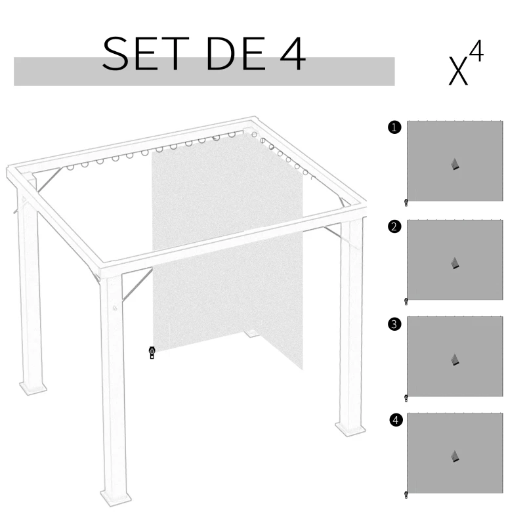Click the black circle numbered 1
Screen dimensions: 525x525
click(394, 128)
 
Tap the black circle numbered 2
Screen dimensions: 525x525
click(394, 227)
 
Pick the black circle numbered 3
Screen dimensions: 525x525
click(394, 324)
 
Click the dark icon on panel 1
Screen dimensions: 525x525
click(455, 164)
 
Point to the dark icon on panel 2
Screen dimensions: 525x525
click(455, 262)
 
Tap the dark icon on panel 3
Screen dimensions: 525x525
click(455, 360)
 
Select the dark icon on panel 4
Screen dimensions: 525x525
click(455, 456)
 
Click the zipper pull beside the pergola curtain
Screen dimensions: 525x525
click(152, 353)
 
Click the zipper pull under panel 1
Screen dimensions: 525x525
click(406, 203)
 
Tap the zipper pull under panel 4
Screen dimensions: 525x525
click(406, 494)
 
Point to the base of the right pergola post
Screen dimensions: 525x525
click(350, 429)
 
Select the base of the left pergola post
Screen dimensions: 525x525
click(33, 387)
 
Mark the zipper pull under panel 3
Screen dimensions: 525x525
click(406, 398)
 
